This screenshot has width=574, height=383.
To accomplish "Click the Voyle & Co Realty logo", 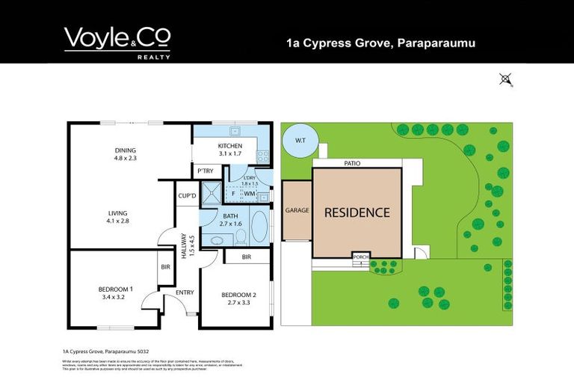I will [117, 42].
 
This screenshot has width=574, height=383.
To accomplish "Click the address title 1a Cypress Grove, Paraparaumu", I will [381, 43].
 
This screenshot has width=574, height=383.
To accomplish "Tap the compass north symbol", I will [506, 79].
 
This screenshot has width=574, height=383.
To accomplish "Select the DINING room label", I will [125, 150].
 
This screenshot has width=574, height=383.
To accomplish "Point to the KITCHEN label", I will [229, 145].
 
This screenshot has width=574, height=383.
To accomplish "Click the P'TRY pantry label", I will [205, 171].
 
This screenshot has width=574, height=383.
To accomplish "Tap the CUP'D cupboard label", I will [188, 196].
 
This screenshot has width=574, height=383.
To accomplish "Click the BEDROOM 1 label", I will [116, 289].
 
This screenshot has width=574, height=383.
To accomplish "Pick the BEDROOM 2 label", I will [239, 295].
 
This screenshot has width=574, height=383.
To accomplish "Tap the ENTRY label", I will [184, 292].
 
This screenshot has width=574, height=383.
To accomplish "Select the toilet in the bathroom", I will [241, 237].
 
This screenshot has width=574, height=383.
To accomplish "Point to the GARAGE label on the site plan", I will [297, 211].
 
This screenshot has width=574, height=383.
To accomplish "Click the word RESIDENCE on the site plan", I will [357, 212].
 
